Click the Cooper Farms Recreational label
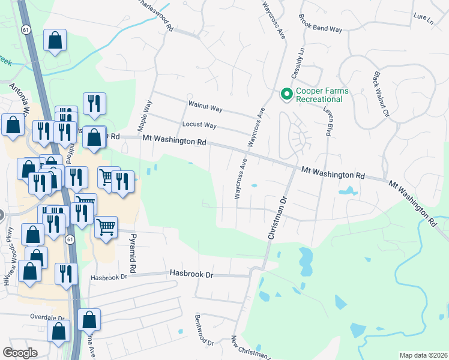[x=322, y=95]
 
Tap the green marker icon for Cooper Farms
[x=287, y=94]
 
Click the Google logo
[x=20, y=352]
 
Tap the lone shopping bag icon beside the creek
[x=55, y=41]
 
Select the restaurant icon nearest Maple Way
[x=94, y=104]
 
